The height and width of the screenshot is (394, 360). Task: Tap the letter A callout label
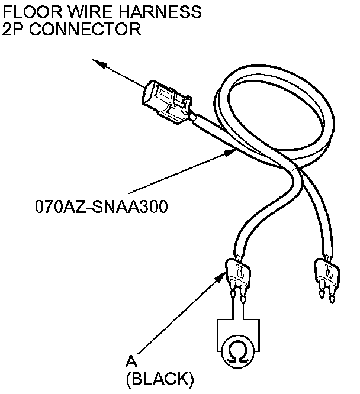[132, 361]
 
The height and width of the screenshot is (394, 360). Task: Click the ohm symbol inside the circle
[237, 352]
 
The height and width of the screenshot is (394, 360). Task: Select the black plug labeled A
[238, 274]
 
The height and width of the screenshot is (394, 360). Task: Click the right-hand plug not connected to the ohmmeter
[326, 273]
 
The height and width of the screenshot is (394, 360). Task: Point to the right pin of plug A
[243, 292]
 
